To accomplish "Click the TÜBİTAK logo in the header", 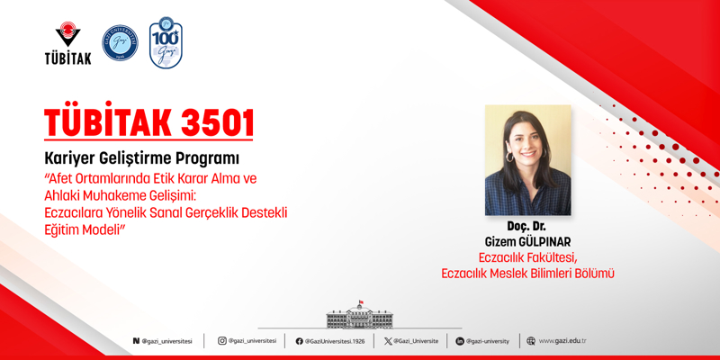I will click(x=67, y=43).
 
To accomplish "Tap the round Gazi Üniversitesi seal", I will click(x=120, y=42).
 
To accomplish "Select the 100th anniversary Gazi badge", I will click(x=166, y=42).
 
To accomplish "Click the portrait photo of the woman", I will click(x=527, y=160).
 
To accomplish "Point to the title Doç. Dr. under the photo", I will click(x=526, y=227).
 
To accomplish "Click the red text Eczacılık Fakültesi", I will click(x=527, y=257).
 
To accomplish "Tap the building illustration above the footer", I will click(x=360, y=316).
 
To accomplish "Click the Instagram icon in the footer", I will click(x=222, y=341).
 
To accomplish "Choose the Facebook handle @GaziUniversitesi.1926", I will click(x=335, y=342).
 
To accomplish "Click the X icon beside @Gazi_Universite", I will click(x=388, y=341).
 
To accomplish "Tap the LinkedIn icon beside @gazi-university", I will click(x=460, y=341).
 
